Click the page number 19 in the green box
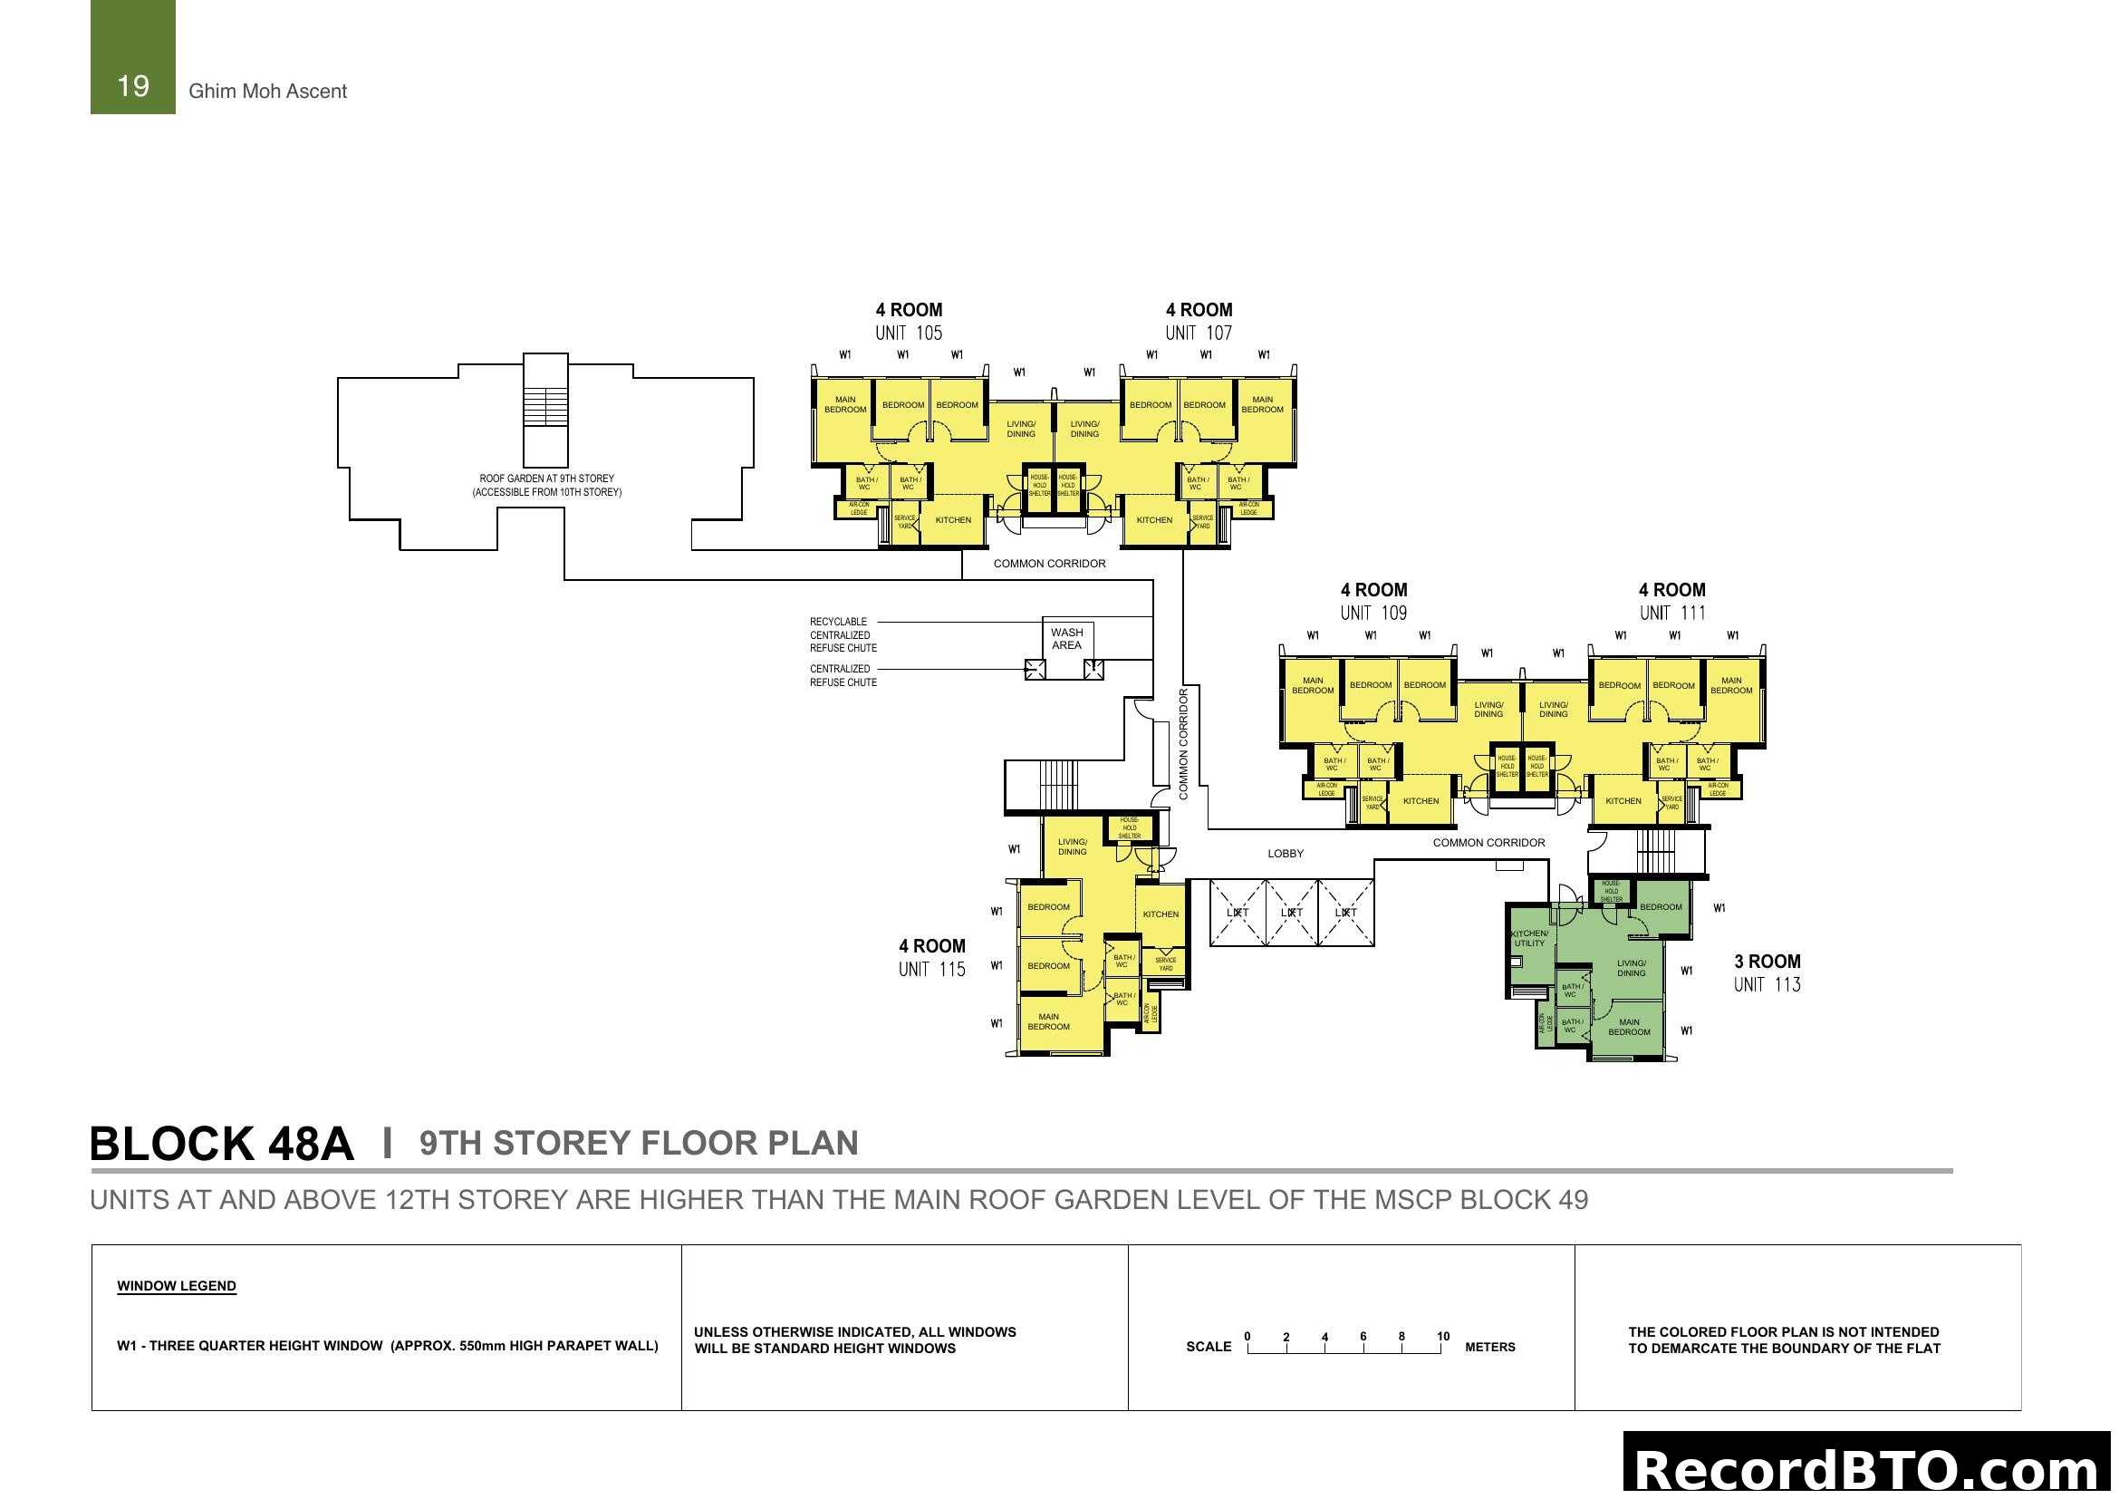(x=133, y=86)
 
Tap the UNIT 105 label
(x=908, y=334)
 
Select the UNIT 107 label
(x=1198, y=334)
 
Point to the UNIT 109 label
(x=1373, y=613)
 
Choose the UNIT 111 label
(x=1672, y=613)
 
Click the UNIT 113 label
(x=1767, y=985)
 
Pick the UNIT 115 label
(x=931, y=969)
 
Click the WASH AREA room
(x=1066, y=639)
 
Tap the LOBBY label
(x=1285, y=854)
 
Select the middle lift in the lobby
(x=1291, y=913)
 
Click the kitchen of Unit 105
(x=952, y=520)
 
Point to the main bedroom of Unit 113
(x=1629, y=1027)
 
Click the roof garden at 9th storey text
(x=546, y=486)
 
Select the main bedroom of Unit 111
(x=1730, y=686)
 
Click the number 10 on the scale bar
(x=1442, y=1337)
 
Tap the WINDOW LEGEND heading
(x=177, y=1286)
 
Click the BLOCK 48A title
(x=221, y=1144)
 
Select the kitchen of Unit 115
(x=1161, y=914)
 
